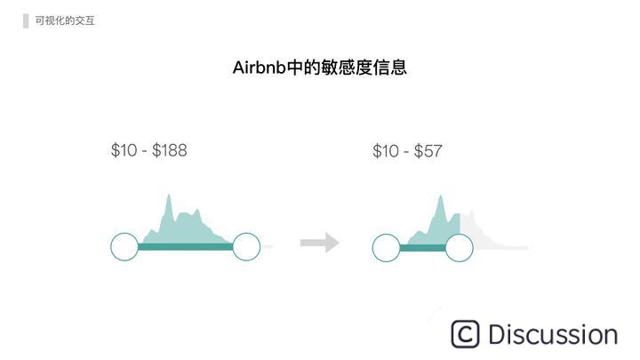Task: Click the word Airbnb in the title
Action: pos(260,68)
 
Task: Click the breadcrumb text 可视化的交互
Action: pos(65,20)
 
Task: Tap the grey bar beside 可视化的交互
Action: pos(26,20)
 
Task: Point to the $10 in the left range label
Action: pos(124,150)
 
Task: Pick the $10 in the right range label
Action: pos(386,152)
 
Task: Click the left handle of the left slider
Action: pos(124,247)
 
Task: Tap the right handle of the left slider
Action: pos(246,247)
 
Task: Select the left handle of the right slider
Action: pos(386,248)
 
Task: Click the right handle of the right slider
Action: pos(459,248)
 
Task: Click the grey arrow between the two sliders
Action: pos(319,242)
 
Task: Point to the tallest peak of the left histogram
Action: pos(167,197)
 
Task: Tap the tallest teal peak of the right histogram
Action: pos(440,201)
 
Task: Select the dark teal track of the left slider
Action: pos(185,247)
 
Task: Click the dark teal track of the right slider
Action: pos(422,248)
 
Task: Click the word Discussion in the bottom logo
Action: pos(552,335)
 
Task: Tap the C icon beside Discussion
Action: pos(465,334)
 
